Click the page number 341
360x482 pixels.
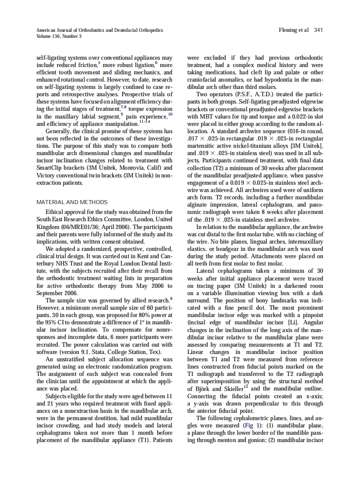click(318, 30)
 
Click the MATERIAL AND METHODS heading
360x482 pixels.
click(72, 202)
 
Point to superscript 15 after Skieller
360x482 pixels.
click(246, 387)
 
